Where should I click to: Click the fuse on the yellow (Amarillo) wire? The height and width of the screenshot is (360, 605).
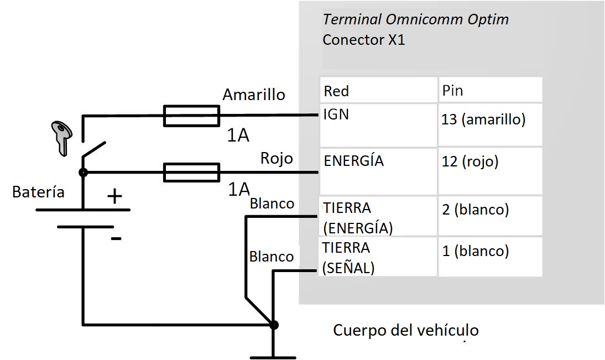(x=191, y=116)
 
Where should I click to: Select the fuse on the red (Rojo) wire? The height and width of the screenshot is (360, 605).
(x=191, y=173)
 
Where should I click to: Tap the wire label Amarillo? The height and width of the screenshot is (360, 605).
(x=253, y=95)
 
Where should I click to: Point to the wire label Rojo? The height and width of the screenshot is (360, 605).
(x=276, y=158)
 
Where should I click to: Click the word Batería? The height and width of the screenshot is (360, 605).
(x=38, y=192)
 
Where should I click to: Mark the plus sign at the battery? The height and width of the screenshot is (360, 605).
(x=114, y=196)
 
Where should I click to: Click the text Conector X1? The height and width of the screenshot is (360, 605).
(x=363, y=40)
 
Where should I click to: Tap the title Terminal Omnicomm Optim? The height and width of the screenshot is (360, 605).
(x=415, y=20)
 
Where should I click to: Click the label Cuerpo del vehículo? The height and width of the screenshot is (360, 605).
(x=405, y=331)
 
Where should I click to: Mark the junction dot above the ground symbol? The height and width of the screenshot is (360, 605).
(x=274, y=325)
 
